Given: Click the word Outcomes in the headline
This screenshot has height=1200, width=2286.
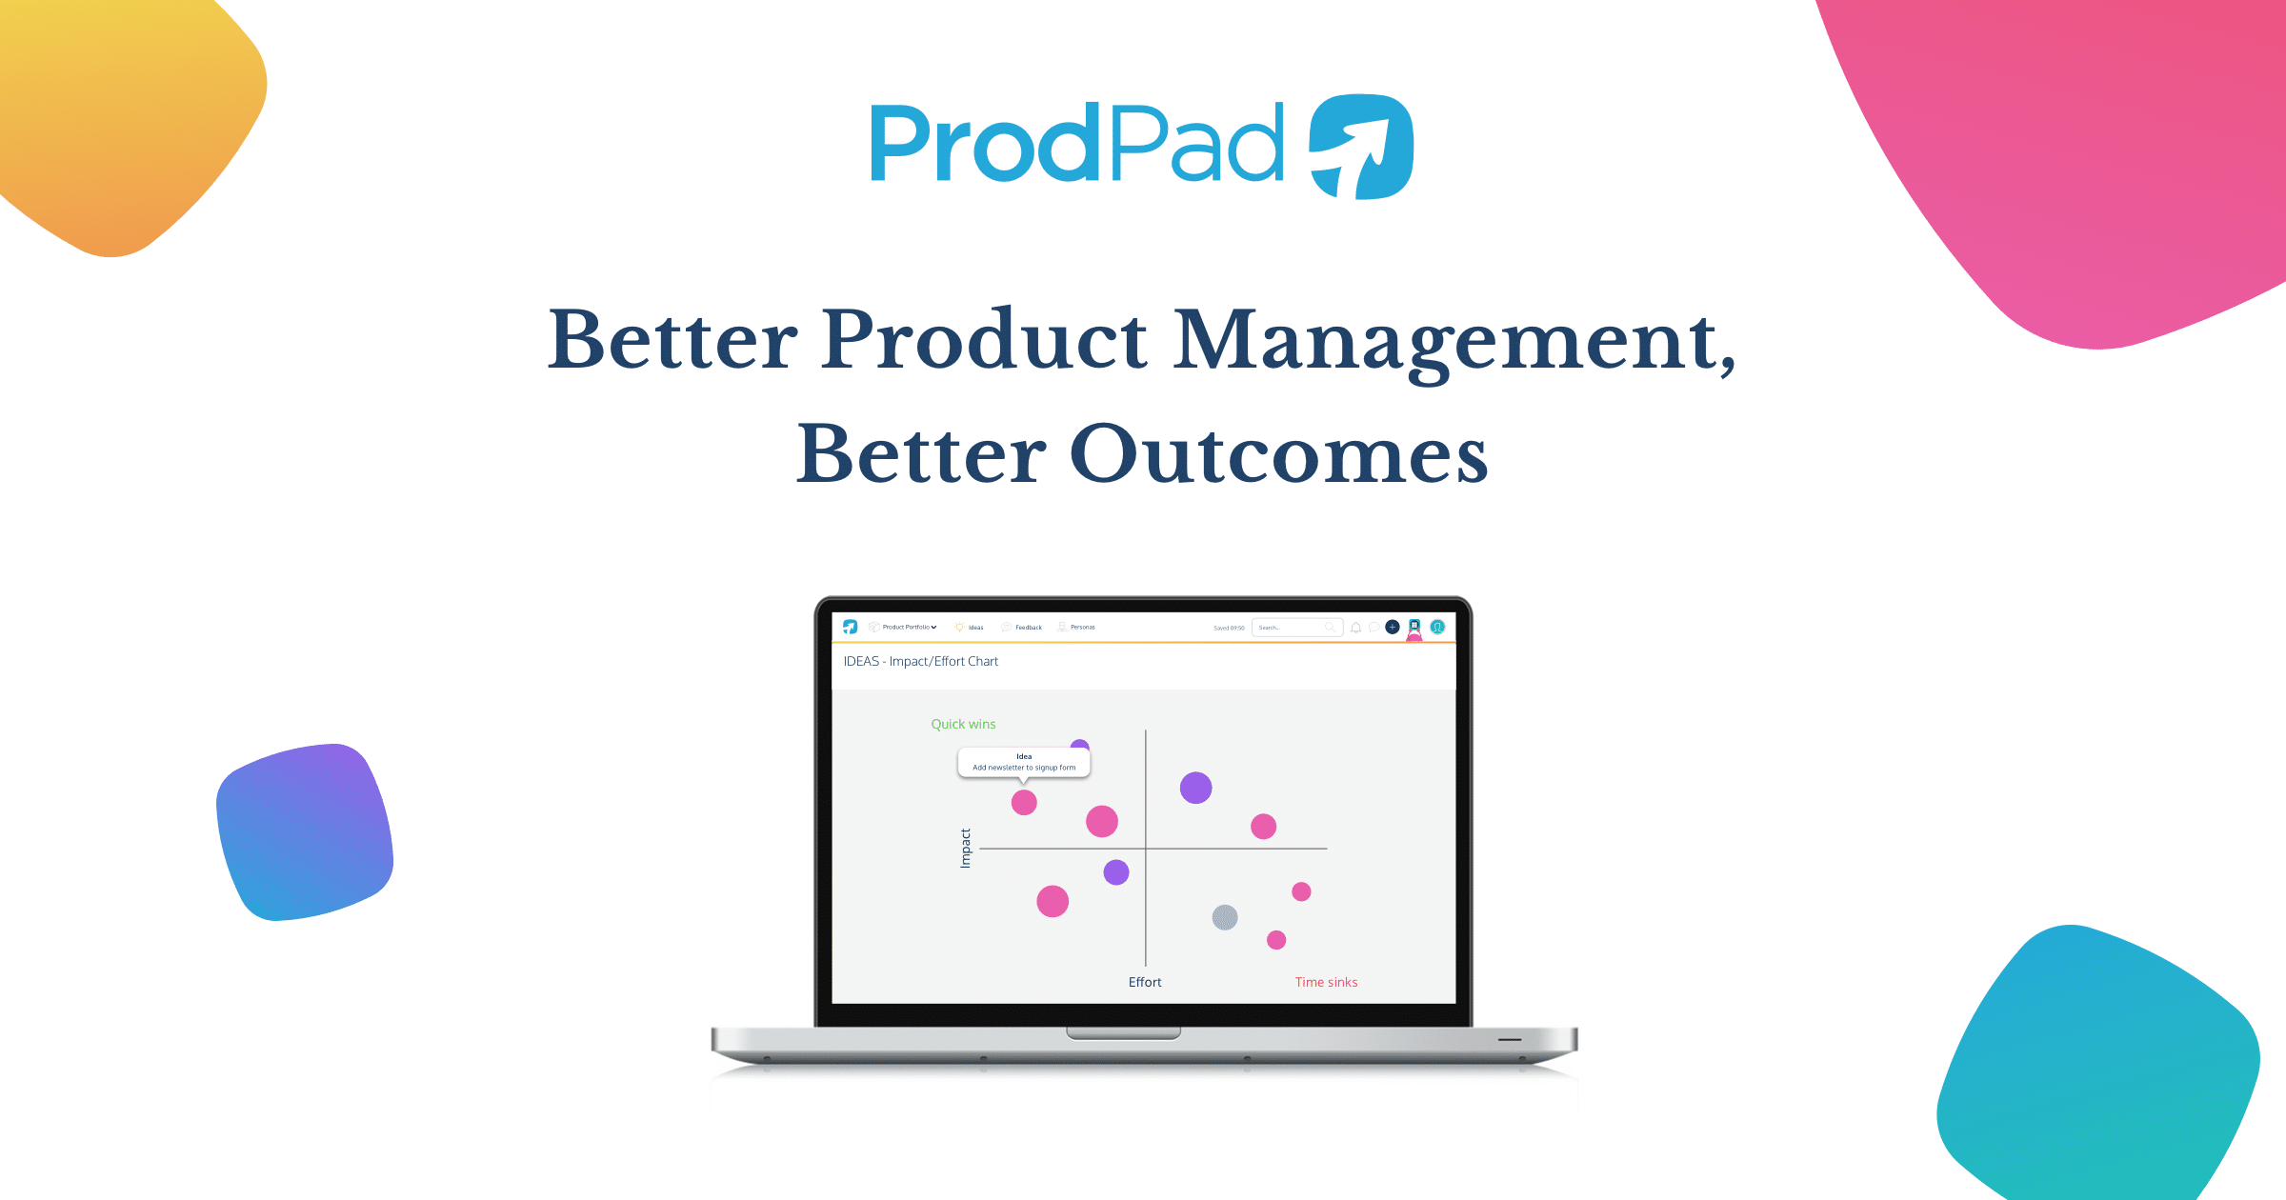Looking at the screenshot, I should click(x=1278, y=455).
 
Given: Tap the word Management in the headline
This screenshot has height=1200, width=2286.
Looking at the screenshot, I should click(x=1454, y=341).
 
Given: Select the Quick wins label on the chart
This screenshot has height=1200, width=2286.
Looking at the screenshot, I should click(x=963, y=725).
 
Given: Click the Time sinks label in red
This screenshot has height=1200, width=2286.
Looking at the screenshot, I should click(x=1326, y=982).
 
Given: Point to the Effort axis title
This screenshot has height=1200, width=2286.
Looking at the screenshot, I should click(x=1145, y=982).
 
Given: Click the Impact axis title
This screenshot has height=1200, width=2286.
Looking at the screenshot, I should click(x=965, y=848).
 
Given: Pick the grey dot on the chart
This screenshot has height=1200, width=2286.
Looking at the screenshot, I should click(x=1225, y=917).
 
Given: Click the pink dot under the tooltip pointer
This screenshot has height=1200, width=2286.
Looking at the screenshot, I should click(x=1024, y=803).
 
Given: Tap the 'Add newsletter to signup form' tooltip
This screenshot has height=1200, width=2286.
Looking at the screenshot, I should click(x=1024, y=763).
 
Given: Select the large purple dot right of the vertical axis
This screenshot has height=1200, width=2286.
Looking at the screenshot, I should click(x=1195, y=788).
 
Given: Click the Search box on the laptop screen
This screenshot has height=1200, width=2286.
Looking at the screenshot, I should click(x=1291, y=628).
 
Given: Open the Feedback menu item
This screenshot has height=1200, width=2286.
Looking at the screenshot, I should click(x=1028, y=628).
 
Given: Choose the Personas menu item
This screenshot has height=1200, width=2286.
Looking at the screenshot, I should click(x=1082, y=628).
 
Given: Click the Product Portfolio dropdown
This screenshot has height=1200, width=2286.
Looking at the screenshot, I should click(x=909, y=628).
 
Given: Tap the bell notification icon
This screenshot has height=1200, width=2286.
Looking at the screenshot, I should click(x=1355, y=628).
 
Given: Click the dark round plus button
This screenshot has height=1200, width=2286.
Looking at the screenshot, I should click(x=1393, y=627).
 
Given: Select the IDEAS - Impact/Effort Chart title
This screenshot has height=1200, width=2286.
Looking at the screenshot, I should click(x=921, y=661).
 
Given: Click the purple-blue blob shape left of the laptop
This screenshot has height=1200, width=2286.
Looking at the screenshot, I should click(x=304, y=832).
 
